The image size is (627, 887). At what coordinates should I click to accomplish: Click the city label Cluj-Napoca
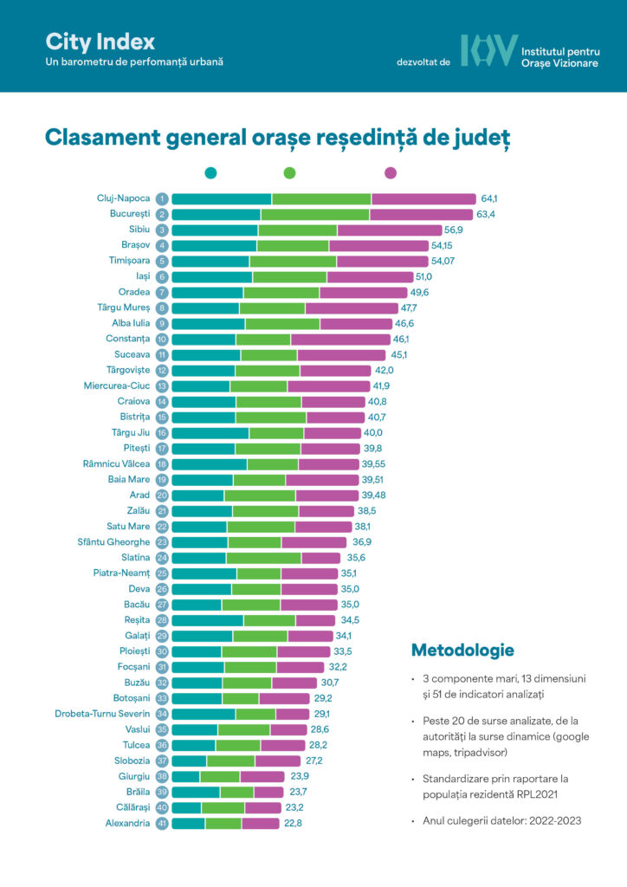[123, 198]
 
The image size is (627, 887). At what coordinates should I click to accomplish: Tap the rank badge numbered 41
[162, 823]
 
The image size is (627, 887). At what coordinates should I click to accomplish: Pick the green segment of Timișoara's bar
[293, 261]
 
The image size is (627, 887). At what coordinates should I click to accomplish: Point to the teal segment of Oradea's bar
[207, 292]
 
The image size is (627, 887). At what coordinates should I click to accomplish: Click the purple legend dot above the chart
[391, 173]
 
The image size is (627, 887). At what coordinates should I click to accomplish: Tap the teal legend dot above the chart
[210, 173]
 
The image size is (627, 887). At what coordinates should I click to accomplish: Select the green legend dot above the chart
[289, 173]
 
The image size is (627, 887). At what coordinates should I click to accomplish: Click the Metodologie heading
[462, 650]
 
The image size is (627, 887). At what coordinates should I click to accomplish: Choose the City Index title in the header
[100, 42]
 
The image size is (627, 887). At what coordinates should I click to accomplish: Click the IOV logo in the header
[488, 51]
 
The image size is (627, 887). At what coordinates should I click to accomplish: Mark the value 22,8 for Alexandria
[294, 823]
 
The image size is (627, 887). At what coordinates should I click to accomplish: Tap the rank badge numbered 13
[162, 385]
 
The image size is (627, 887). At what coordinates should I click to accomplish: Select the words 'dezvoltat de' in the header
[423, 62]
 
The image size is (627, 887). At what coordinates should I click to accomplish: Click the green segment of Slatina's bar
[263, 557]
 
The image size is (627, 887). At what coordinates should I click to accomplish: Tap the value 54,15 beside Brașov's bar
[447, 245]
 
